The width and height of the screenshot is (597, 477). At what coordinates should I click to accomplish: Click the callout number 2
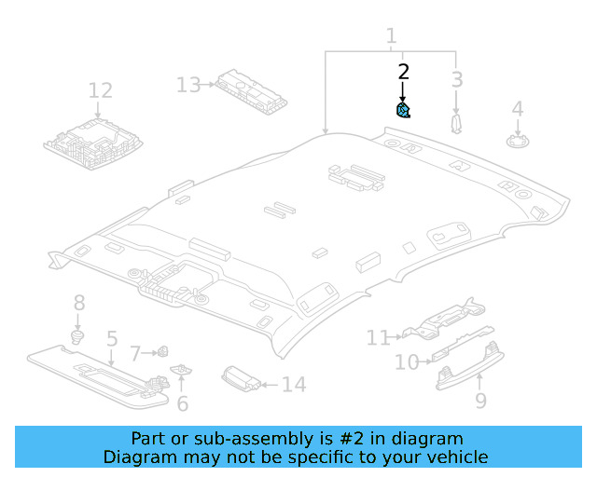point(403,71)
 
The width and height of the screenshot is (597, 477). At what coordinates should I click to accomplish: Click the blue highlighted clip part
point(404,111)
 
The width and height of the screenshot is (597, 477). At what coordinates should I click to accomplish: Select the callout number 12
point(100,90)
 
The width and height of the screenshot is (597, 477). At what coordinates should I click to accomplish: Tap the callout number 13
point(188,85)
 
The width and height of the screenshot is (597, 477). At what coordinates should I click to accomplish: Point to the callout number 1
point(391,36)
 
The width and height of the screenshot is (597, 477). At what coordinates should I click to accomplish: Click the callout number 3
point(457,79)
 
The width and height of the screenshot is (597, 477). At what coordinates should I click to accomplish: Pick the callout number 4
point(517,110)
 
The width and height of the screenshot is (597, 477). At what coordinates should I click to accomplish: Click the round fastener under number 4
point(517,141)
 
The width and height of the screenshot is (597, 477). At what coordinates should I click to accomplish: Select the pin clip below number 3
point(456,123)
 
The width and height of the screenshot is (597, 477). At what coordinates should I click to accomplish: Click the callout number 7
point(135,353)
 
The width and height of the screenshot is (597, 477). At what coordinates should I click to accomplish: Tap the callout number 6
point(183,403)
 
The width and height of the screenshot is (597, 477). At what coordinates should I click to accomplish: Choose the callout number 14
point(293,384)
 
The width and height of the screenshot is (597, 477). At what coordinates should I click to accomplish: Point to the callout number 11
point(378,337)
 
